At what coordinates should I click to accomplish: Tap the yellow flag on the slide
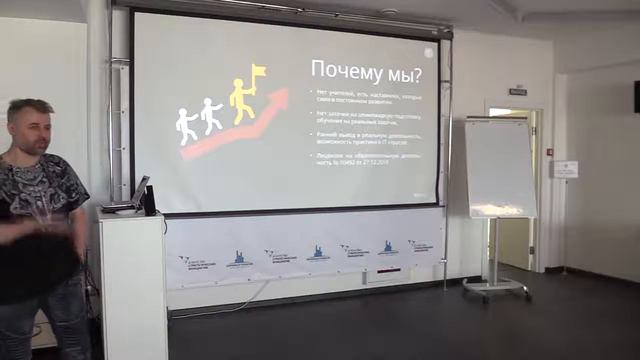[x=258, y=73]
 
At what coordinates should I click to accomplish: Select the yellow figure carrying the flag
[x=241, y=100]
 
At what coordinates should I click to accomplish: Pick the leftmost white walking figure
[x=187, y=126]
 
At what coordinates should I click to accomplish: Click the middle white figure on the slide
[x=211, y=115]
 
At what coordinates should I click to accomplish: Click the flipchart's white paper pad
[x=499, y=168]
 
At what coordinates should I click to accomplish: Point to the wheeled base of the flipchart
[x=496, y=289]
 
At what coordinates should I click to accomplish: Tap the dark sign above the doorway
[x=517, y=91]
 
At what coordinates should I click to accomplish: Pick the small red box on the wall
[x=549, y=152]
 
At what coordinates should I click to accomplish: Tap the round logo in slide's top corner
[x=429, y=52]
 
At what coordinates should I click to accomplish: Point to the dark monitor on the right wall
[x=636, y=96]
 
